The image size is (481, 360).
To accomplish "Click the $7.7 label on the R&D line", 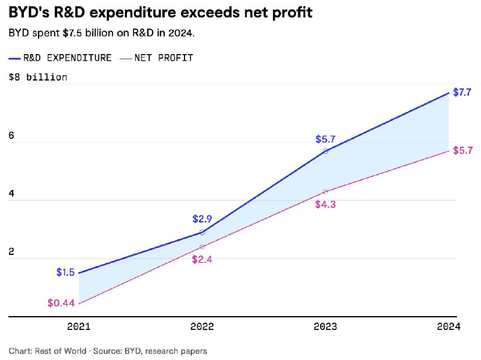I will (462, 93).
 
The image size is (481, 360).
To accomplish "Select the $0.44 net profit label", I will (61, 303).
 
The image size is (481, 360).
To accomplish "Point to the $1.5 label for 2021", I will (66, 272).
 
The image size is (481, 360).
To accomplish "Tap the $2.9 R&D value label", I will (202, 219).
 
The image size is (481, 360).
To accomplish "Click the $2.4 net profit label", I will (202, 260).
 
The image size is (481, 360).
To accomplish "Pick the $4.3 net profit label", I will (325, 204).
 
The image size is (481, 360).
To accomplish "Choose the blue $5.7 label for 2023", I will (325, 139).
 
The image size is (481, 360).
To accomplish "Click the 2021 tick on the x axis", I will (79, 327).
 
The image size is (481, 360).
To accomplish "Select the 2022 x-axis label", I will (202, 327).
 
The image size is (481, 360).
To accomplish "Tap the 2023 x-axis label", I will (325, 327).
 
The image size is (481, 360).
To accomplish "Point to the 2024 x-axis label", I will (449, 327).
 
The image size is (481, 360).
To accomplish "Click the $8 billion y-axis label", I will (38, 77).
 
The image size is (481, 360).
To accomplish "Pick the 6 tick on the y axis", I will (11, 136).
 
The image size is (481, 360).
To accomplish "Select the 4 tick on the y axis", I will (11, 194).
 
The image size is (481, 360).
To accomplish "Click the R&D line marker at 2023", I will (325, 151).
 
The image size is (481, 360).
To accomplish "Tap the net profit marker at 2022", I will (202, 247).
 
